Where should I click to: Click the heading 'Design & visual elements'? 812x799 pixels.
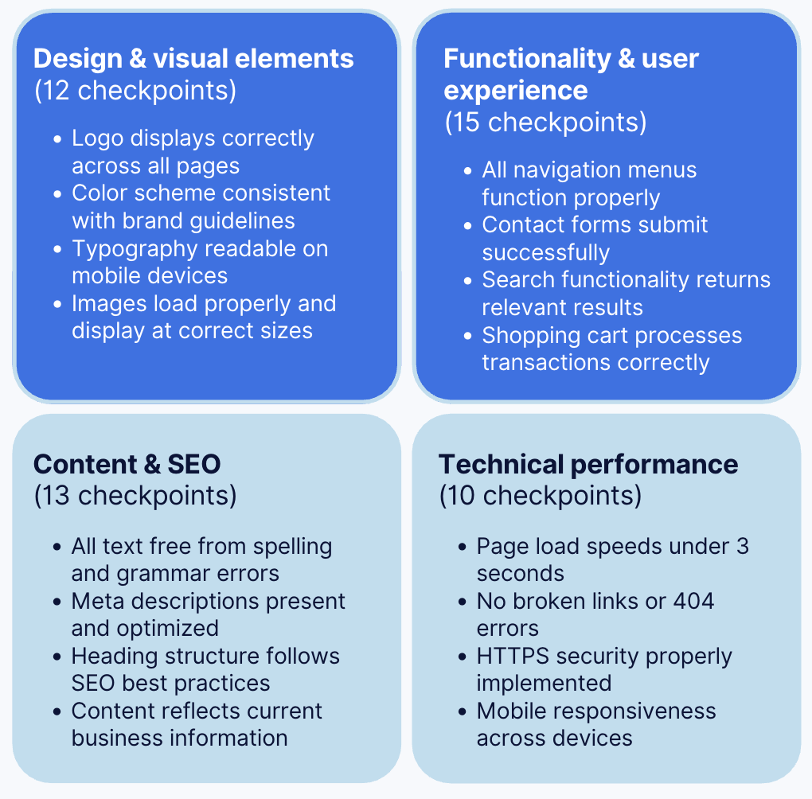click(x=193, y=58)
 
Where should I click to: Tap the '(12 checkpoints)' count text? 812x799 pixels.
click(x=135, y=90)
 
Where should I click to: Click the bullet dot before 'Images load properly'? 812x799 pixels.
click(x=57, y=305)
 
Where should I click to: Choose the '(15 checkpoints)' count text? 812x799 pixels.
click(x=545, y=122)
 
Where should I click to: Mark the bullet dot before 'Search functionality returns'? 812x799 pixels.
click(x=468, y=281)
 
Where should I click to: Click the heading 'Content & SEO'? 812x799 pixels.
click(x=127, y=464)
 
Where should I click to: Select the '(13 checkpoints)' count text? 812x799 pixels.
click(x=135, y=496)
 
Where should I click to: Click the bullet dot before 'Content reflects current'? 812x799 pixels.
click(x=57, y=711)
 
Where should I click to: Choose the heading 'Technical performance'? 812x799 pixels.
click(x=588, y=464)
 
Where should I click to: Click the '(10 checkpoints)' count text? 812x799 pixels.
click(x=540, y=496)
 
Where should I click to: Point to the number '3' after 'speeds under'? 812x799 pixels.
click(x=742, y=547)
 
